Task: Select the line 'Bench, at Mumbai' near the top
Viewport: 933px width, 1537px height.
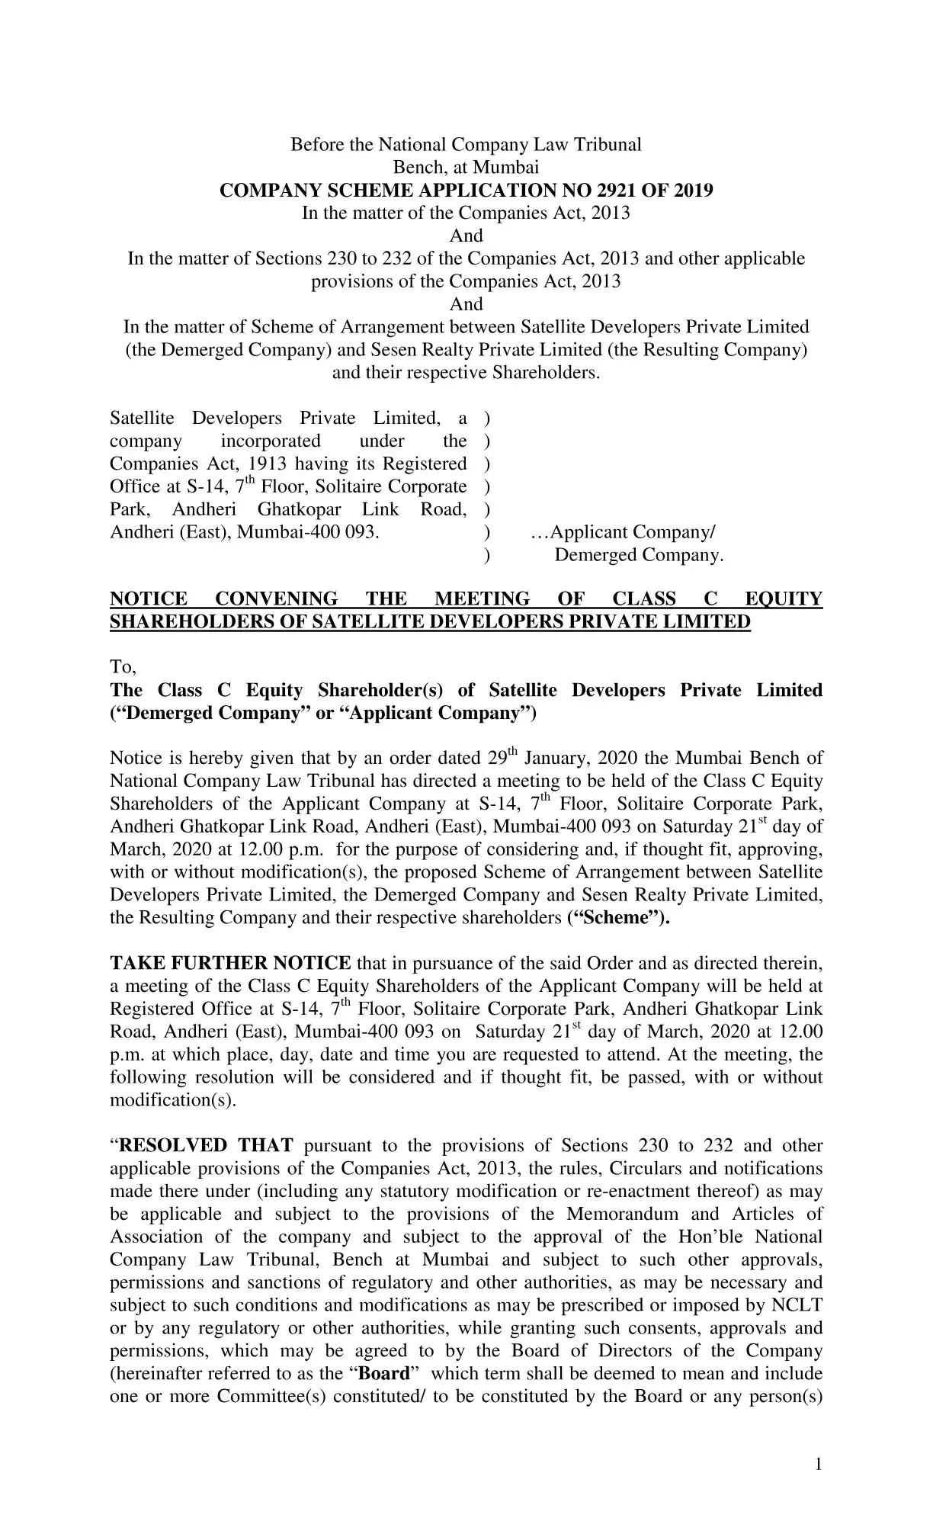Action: click(x=466, y=167)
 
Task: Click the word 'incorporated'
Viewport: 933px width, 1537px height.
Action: click(x=271, y=441)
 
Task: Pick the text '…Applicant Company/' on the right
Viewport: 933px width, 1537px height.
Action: click(x=623, y=532)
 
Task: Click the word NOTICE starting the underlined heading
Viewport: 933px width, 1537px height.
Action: click(x=149, y=599)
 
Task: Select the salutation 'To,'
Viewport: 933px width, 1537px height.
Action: click(x=123, y=667)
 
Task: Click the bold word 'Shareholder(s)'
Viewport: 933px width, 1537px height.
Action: click(x=380, y=690)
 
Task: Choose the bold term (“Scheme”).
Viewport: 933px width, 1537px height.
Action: click(x=618, y=917)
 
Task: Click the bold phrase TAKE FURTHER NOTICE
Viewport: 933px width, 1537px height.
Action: click(x=230, y=963)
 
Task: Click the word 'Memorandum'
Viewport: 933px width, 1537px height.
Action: click(x=622, y=1214)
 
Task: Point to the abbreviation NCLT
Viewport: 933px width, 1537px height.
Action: click(x=796, y=1305)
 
